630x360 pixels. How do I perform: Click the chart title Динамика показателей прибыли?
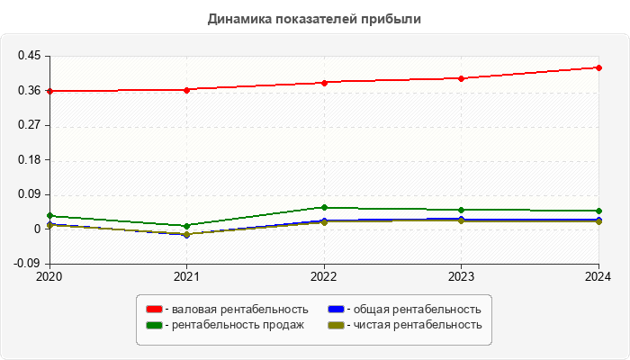pos(314,18)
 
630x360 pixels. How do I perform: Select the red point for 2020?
pos(49,91)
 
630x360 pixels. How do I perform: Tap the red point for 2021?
pos(186,90)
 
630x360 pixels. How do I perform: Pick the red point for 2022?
pos(324,83)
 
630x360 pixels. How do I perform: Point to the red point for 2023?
pos(462,78)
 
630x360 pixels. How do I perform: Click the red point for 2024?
pos(598,67)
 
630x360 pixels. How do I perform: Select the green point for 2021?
pos(186,226)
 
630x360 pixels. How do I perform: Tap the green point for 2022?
pos(324,208)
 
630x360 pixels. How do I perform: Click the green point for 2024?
pos(598,211)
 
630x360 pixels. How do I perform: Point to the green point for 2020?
pos(49,216)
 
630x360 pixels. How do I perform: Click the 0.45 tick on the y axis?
pos(30,56)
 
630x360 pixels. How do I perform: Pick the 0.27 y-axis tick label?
pos(30,125)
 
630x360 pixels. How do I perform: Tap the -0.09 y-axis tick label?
pos(28,264)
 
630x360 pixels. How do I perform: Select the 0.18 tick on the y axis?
pos(30,160)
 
